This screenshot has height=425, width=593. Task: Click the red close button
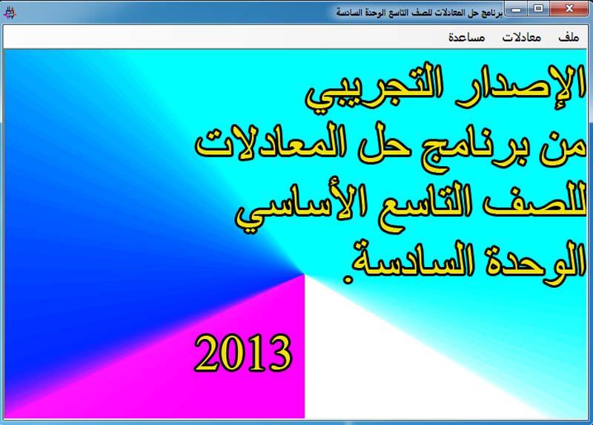569,8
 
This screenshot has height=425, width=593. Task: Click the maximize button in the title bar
539,8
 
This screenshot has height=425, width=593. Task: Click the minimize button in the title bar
517,8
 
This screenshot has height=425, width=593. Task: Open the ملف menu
569,37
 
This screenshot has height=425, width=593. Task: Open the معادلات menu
522,38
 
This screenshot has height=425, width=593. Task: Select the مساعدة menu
467,37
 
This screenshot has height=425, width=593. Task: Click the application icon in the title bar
9,13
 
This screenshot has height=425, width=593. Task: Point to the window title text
420,13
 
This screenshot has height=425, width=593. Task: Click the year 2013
244,353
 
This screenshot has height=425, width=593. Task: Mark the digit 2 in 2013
207,353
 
